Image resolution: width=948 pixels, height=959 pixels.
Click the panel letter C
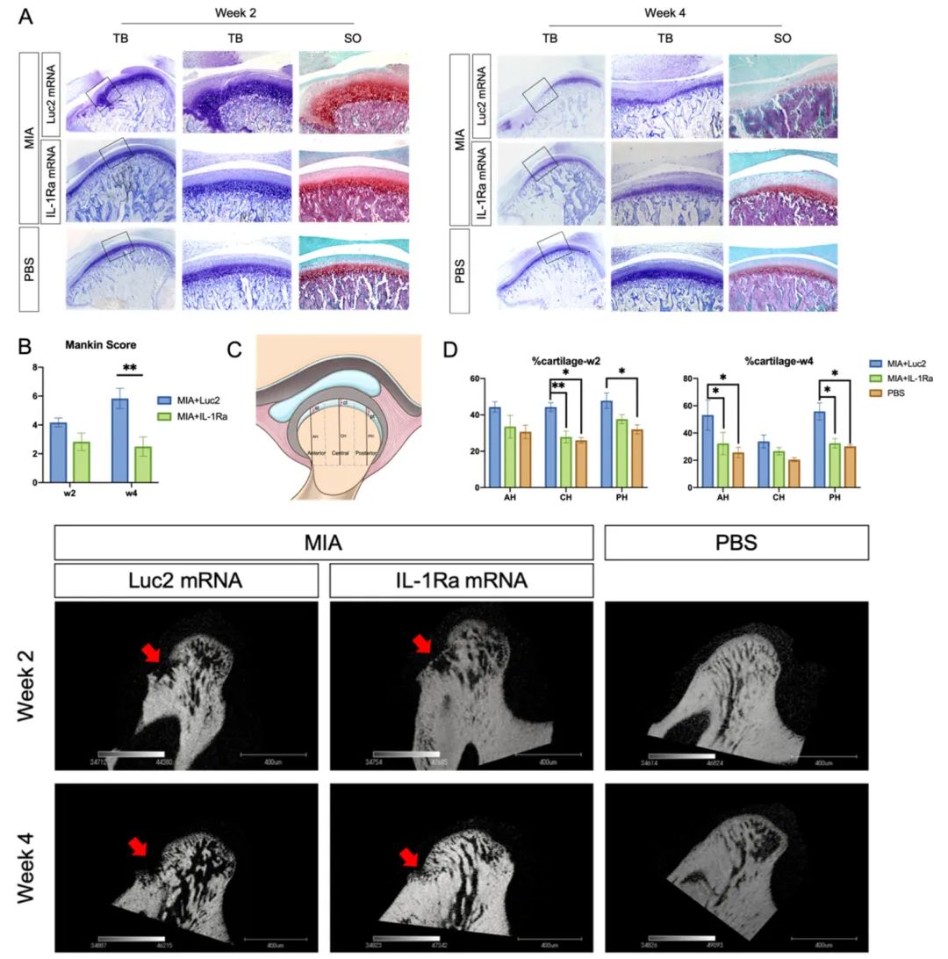click(235, 350)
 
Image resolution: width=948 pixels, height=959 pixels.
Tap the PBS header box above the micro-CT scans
click(736, 543)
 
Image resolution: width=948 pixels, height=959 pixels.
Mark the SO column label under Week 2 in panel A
click(352, 40)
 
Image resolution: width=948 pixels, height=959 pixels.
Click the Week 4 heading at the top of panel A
click(664, 12)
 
